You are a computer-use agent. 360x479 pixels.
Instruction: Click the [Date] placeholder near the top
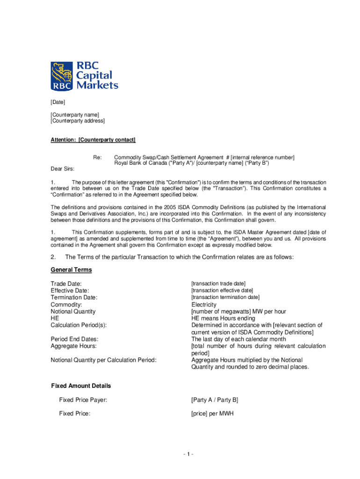click(58, 102)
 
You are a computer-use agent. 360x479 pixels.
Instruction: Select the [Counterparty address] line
click(78, 121)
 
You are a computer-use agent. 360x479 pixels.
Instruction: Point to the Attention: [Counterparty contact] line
click(93, 140)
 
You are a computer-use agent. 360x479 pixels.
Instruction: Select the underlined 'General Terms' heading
click(71, 270)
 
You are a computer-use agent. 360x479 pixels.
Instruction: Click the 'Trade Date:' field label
click(66, 283)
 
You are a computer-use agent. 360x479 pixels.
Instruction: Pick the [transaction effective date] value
click(222, 290)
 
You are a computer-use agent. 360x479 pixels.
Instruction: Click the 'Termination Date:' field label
click(74, 298)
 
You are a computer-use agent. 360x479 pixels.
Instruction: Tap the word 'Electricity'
click(204, 305)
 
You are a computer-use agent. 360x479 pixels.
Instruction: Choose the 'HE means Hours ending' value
click(222, 318)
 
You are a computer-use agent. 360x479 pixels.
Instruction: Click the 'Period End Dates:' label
click(74, 339)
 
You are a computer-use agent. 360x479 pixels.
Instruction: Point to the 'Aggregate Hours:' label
click(73, 346)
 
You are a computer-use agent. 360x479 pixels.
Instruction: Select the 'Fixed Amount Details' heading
click(81, 386)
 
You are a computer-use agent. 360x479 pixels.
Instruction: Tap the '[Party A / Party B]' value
click(215, 400)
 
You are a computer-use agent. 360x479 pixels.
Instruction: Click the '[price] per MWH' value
click(212, 414)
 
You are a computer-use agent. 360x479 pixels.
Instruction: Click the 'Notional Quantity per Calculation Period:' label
click(103, 360)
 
